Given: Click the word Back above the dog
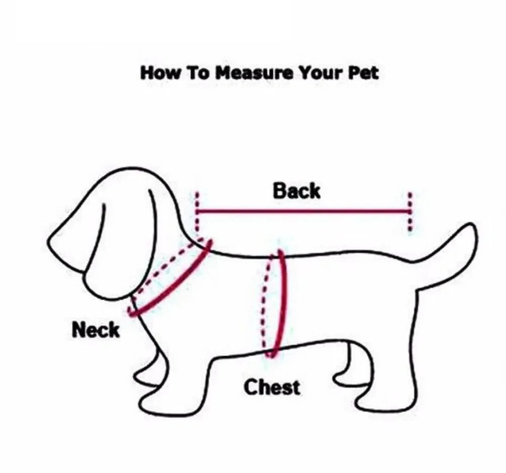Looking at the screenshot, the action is click(x=297, y=191).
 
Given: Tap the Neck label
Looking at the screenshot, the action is click(x=96, y=330).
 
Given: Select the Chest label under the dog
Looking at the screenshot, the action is click(x=272, y=387).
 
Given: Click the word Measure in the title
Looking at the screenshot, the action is click(x=254, y=73).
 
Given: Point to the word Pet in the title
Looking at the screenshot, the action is click(x=363, y=73).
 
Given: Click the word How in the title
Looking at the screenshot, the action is click(x=160, y=73).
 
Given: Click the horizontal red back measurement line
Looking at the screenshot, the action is click(x=303, y=212).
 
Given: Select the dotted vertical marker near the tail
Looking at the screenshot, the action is click(x=410, y=212).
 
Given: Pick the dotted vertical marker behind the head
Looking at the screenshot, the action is click(x=197, y=212).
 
